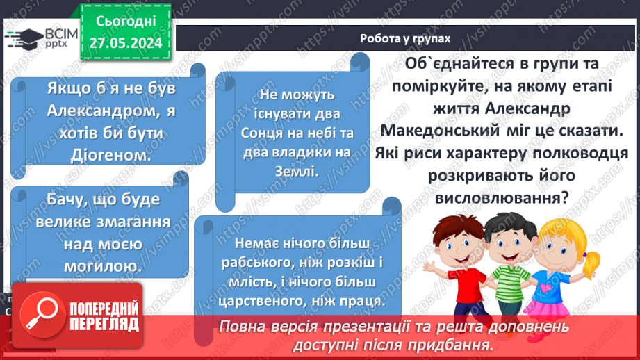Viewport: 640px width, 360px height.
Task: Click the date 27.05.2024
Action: point(126,43)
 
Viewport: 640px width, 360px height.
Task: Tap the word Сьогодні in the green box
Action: point(126,22)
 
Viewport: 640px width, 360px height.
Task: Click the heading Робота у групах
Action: point(405,38)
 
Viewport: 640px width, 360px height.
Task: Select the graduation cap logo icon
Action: point(24,39)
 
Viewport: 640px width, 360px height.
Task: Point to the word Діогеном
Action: point(111,155)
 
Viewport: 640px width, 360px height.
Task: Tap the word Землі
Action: point(297,172)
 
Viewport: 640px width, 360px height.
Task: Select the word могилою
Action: point(104,267)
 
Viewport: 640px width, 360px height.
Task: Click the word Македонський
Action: point(440,131)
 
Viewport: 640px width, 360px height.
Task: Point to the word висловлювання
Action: point(502,198)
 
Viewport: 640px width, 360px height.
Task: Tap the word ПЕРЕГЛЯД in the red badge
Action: point(104,325)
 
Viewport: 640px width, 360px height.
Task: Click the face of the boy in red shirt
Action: point(459,244)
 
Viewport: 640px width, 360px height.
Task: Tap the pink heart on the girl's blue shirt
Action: point(546,287)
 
